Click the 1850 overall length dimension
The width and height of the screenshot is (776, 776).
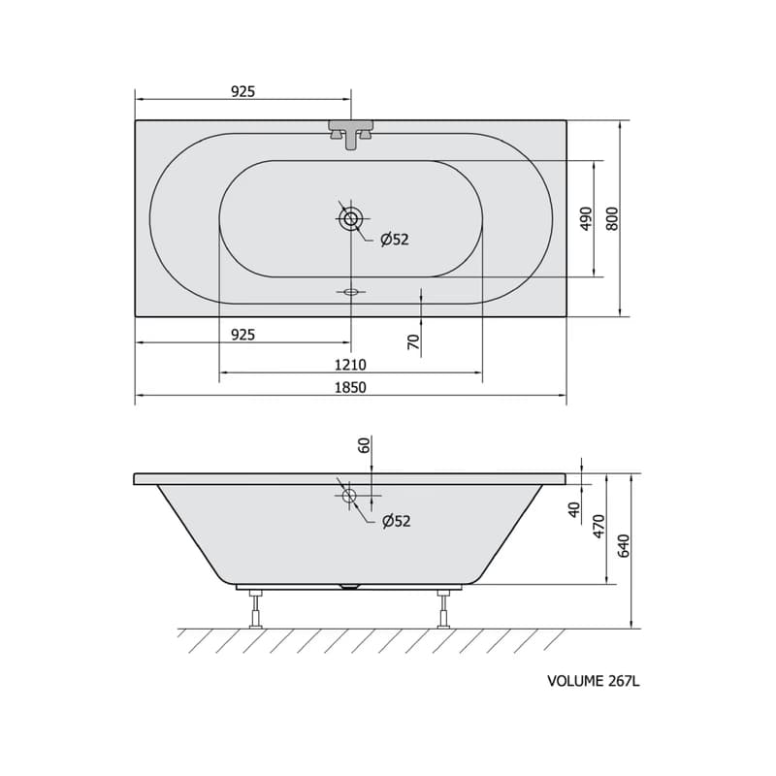click(x=350, y=387)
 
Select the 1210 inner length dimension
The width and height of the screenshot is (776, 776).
click(x=350, y=365)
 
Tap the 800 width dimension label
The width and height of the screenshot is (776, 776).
click(x=613, y=218)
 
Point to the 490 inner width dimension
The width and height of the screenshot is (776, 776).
click(x=586, y=218)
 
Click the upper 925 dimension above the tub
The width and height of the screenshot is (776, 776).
click(x=243, y=91)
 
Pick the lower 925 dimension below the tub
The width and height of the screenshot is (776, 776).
click(x=243, y=335)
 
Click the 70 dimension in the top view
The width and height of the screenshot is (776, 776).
click(x=414, y=342)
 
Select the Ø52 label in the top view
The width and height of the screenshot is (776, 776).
click(x=395, y=240)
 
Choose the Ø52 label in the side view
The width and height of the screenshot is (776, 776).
click(x=397, y=521)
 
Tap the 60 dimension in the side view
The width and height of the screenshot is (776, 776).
click(x=365, y=445)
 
